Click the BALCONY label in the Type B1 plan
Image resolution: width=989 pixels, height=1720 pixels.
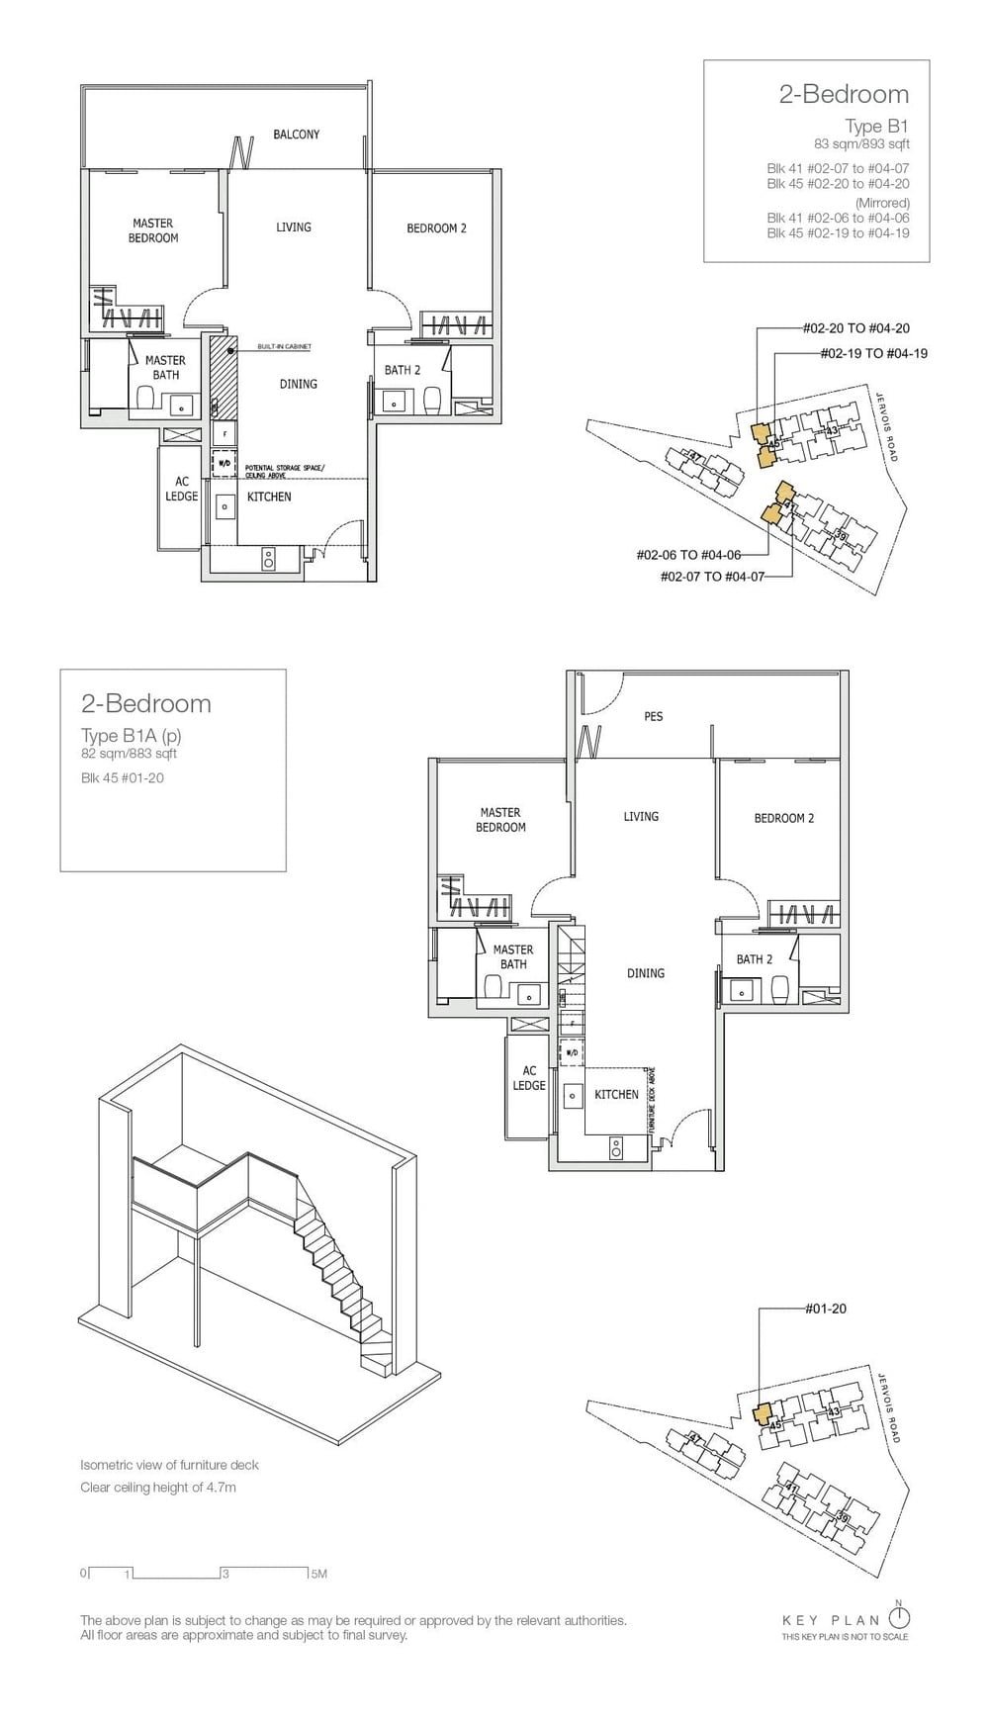click(x=296, y=135)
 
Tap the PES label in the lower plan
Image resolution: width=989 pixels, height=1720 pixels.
click(x=654, y=716)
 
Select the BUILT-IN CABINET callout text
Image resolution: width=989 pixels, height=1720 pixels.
click(x=284, y=347)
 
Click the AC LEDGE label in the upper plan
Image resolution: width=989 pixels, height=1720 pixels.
click(x=182, y=489)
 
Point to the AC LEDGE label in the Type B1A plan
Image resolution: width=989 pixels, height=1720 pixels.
click(x=529, y=1078)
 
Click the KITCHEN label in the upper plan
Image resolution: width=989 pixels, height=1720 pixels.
click(x=269, y=497)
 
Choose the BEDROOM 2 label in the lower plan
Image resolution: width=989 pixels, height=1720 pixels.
click(x=783, y=818)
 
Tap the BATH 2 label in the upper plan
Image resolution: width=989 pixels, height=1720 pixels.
click(x=403, y=370)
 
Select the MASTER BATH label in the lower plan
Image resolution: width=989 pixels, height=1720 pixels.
click(x=512, y=956)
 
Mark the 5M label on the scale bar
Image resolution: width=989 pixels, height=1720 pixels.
click(x=318, y=1574)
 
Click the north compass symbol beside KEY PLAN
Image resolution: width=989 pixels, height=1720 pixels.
click(x=899, y=1618)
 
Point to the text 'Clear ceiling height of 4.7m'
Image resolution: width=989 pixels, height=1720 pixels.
click(x=158, y=1488)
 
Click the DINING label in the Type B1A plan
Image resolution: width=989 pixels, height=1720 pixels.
click(x=645, y=973)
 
